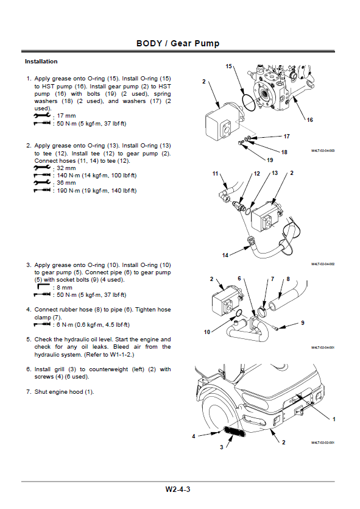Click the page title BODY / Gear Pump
178,43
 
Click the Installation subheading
41,62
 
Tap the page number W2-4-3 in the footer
178,489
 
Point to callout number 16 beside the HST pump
309,120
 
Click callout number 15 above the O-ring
228,66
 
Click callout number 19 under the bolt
270,160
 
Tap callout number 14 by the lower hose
225,255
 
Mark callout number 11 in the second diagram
216,174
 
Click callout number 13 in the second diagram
275,173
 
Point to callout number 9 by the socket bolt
303,322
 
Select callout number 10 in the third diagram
207,332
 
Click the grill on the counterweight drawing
234,432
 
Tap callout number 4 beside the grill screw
194,436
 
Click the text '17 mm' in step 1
66,116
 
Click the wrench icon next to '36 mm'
42,183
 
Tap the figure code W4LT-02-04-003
323,151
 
